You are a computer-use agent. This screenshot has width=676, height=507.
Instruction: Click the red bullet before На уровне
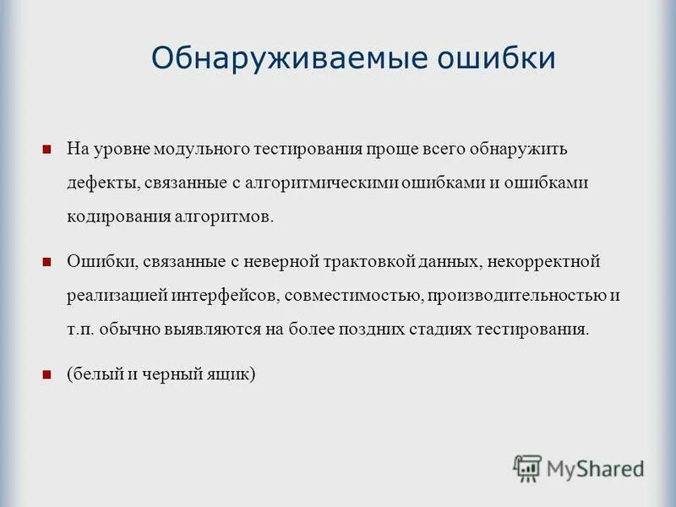click(x=48, y=150)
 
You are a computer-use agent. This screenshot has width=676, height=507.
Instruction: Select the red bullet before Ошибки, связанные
click(x=48, y=261)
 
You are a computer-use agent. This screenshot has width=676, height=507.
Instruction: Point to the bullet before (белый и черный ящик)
click(x=48, y=371)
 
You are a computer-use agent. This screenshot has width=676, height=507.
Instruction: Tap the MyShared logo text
click(x=595, y=467)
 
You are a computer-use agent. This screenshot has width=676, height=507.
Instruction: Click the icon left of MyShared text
click(x=527, y=467)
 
